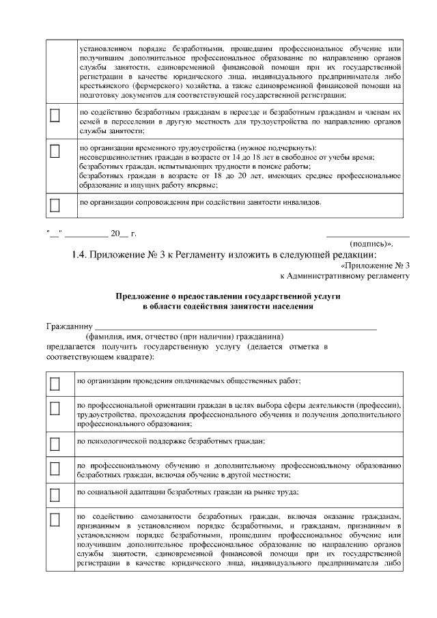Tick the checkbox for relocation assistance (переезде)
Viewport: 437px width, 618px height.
point(55,115)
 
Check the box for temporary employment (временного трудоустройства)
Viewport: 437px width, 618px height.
point(55,150)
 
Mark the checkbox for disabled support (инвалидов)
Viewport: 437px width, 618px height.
point(55,204)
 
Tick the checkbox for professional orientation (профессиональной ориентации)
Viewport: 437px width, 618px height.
point(55,409)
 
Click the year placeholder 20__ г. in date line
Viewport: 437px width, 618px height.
point(124,234)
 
